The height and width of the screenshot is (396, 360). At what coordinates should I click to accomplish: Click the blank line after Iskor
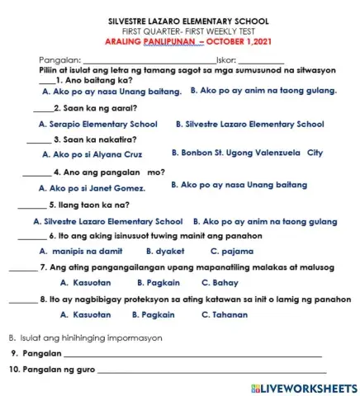(x=260, y=62)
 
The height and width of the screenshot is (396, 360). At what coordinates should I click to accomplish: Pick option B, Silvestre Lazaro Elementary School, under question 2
(x=250, y=125)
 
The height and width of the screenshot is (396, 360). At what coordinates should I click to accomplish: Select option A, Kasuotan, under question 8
(x=86, y=314)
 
